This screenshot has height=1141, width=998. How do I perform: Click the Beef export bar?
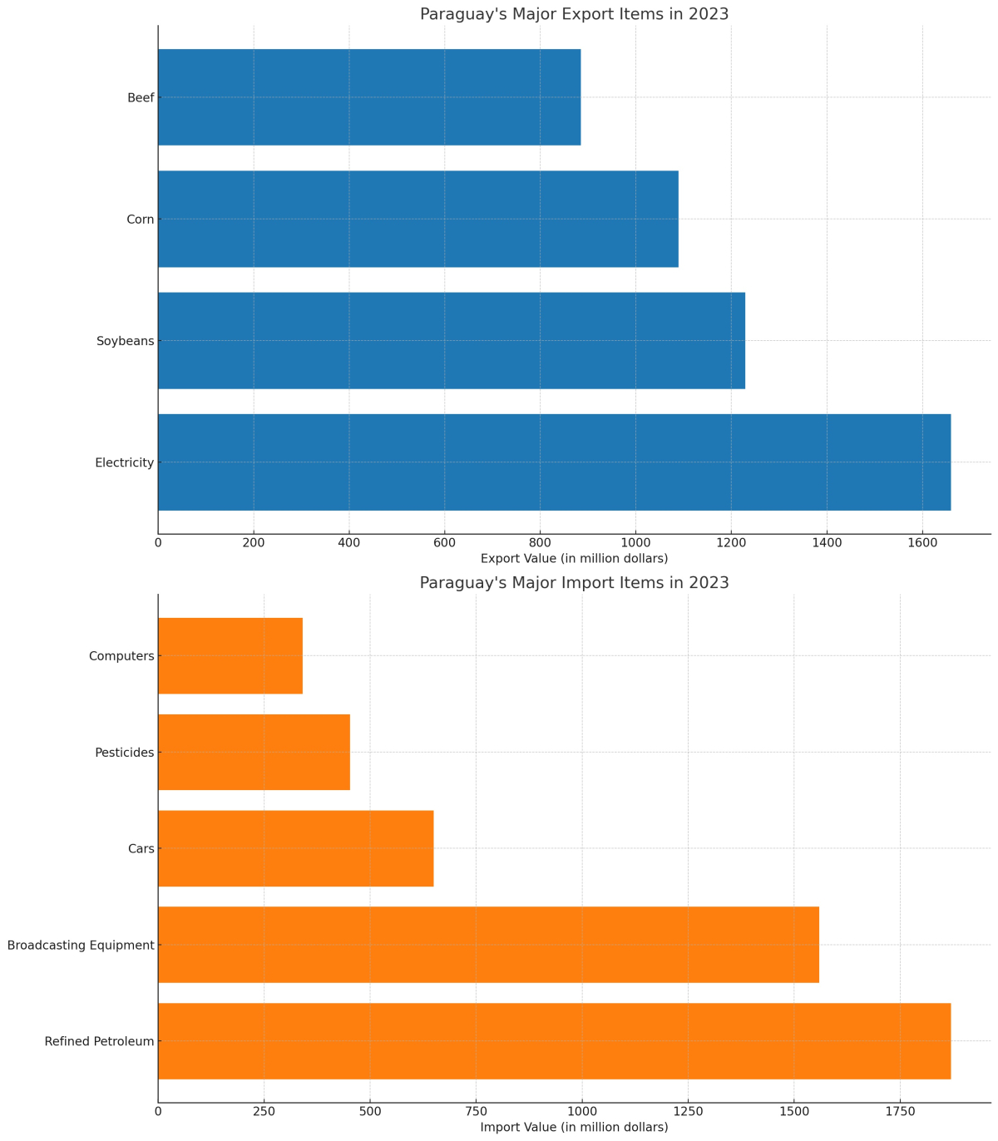click(369, 97)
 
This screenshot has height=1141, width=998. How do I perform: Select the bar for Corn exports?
click(418, 219)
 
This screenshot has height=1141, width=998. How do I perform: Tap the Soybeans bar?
click(452, 340)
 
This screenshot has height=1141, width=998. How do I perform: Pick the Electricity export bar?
click(554, 462)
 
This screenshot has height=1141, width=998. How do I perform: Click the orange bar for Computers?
click(230, 655)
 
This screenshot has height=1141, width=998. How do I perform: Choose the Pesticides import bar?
click(254, 752)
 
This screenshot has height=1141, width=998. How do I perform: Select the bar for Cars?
click(296, 848)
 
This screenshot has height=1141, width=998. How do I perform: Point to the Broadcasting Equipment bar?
click(488, 945)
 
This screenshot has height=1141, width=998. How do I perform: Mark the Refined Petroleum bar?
click(554, 1041)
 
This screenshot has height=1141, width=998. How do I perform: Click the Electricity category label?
click(124, 462)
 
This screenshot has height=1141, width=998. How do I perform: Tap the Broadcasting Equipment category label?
click(81, 946)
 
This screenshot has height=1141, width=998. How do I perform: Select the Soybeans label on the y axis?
click(126, 341)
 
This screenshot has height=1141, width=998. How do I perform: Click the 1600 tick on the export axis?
click(921, 543)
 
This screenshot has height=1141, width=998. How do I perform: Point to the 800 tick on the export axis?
click(540, 543)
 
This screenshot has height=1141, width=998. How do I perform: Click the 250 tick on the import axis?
click(264, 1112)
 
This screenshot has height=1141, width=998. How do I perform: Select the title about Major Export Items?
click(574, 14)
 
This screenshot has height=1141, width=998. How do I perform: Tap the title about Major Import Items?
click(574, 583)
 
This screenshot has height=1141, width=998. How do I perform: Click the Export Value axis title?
click(574, 558)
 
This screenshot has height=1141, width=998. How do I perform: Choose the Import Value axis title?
click(574, 1127)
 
